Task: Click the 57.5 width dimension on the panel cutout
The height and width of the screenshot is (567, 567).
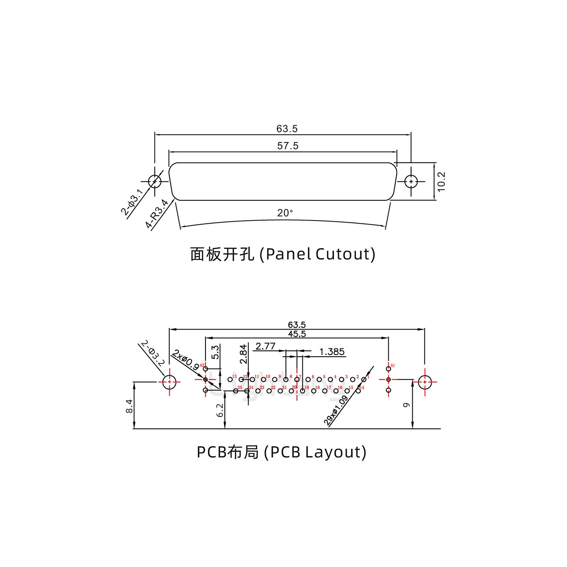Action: pos(288,146)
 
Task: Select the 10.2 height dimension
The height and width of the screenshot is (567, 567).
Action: pos(441,182)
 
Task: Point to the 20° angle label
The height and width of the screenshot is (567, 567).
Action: pos(285,213)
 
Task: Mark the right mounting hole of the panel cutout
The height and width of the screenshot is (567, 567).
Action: pos(411,182)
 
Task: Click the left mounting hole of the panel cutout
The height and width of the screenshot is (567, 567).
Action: pos(155,182)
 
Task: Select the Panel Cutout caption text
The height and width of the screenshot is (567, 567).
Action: pos(282,254)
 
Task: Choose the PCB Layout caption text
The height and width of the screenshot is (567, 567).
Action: pos(281,452)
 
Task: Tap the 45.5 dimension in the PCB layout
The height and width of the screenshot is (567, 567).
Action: pos(297,334)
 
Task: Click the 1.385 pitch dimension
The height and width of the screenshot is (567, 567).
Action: pos(332,352)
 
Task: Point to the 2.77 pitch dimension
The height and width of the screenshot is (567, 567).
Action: pos(265,346)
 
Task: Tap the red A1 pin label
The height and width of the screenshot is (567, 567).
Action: pos(393,365)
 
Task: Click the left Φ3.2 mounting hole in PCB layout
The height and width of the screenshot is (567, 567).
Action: pos(169,382)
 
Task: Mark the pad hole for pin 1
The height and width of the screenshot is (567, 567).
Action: pos(364,380)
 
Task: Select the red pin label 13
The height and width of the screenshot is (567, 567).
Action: pos(234,377)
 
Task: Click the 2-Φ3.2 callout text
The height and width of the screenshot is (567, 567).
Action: pos(152,354)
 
